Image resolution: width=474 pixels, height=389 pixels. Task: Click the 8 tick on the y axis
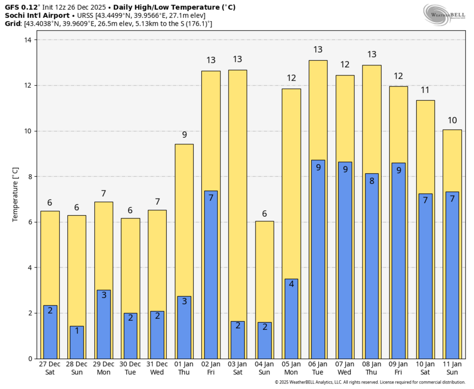click(30, 177)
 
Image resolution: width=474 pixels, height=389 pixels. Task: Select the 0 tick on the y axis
click(30, 359)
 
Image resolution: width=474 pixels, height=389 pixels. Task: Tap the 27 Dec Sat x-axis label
click(50, 368)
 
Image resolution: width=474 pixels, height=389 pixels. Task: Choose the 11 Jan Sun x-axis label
click(452, 368)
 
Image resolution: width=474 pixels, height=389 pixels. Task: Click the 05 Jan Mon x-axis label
click(291, 368)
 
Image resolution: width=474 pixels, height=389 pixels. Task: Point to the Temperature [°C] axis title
click(16, 194)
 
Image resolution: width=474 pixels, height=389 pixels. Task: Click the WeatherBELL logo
click(444, 14)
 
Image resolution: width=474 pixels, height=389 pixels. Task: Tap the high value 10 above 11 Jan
click(452, 120)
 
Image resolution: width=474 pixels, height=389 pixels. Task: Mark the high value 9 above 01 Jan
click(185, 135)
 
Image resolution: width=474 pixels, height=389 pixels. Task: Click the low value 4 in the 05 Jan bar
click(291, 284)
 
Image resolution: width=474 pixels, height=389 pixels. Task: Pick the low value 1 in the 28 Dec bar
click(77, 331)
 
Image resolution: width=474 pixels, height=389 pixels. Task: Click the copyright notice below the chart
click(370, 382)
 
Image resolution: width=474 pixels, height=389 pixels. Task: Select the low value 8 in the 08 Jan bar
click(372, 181)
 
